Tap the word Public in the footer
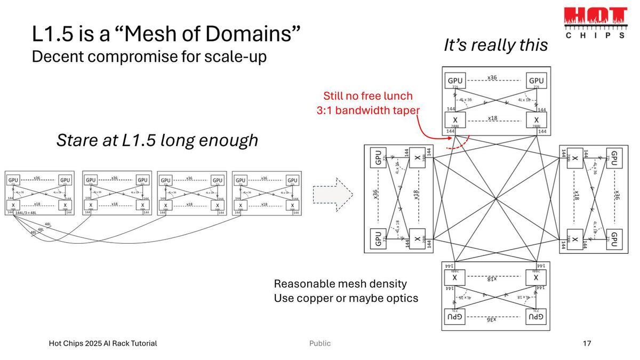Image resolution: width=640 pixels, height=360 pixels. (x=320, y=343)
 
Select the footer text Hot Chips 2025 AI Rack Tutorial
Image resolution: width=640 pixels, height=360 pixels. (x=103, y=343)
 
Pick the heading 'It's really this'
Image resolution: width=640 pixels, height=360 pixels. (x=495, y=45)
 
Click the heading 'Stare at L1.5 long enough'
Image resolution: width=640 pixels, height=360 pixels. (x=157, y=140)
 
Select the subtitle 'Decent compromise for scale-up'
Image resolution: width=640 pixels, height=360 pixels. (x=149, y=56)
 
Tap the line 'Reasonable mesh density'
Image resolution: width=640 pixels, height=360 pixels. (x=340, y=284)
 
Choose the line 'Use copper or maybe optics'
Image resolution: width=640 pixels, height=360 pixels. (x=346, y=298)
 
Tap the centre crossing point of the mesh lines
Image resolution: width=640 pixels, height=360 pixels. (x=496, y=199)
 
